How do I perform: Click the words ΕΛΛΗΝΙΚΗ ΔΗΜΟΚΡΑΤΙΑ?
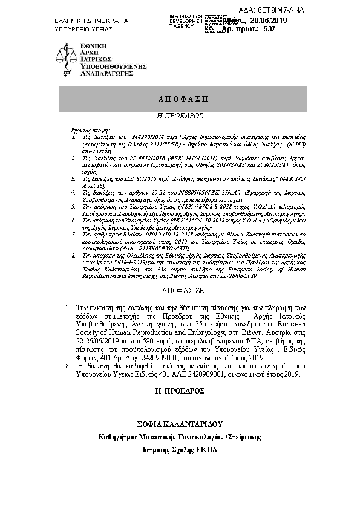pos(91,21)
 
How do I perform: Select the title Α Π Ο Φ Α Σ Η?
pos(179,98)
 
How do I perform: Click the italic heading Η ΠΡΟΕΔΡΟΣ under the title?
pos(179,114)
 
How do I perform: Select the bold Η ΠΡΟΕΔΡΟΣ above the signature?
pos(179,391)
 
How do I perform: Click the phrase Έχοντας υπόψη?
pos(88,131)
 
